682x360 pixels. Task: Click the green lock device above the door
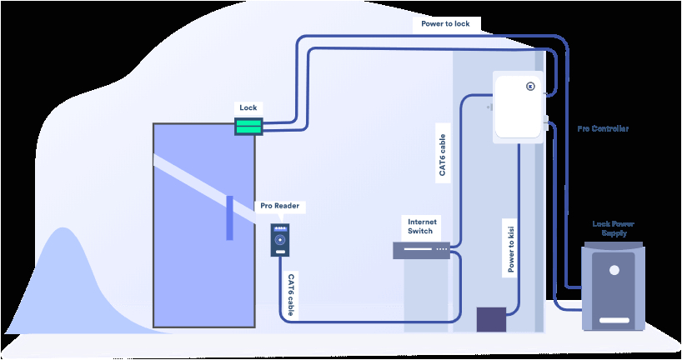click(x=248, y=126)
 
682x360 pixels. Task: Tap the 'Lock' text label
click(x=248, y=107)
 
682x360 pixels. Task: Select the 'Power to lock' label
click(x=445, y=24)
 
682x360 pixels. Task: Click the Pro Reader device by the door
click(x=280, y=239)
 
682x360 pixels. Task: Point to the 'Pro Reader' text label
click(x=279, y=206)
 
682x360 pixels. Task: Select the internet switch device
click(x=421, y=249)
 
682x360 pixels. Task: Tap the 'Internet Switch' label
click(x=420, y=226)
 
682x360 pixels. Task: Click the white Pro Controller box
click(x=519, y=104)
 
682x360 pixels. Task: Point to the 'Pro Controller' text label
click(x=603, y=129)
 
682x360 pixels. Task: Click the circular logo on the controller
click(x=530, y=85)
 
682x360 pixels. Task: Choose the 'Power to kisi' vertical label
click(x=511, y=247)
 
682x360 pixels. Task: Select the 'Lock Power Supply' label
click(x=614, y=227)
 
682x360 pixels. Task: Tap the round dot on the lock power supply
click(x=614, y=271)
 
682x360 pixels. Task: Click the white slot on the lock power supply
click(x=614, y=320)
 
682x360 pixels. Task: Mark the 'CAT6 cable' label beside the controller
click(x=443, y=153)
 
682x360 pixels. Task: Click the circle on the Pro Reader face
click(x=280, y=240)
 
